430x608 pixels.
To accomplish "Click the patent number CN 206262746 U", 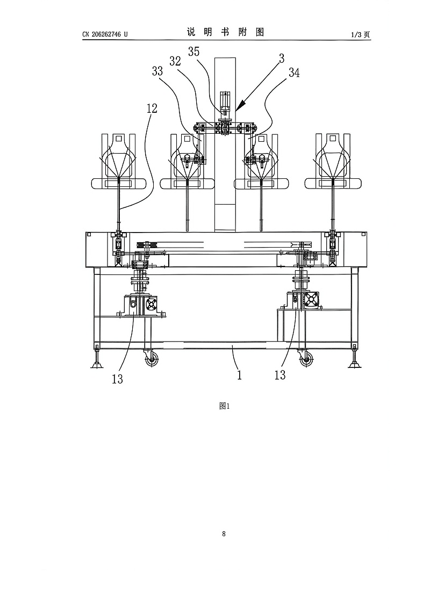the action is (105, 34).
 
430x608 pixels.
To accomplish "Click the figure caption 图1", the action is (225, 406).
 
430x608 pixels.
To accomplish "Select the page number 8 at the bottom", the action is (224, 533).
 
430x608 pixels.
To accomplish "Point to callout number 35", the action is (193, 51).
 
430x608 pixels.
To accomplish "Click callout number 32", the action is (175, 61).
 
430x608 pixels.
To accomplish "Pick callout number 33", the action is (157, 71).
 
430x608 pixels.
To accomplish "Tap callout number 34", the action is (294, 73).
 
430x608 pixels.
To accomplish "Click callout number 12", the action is (152, 108).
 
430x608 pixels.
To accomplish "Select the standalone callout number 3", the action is (282, 58).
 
